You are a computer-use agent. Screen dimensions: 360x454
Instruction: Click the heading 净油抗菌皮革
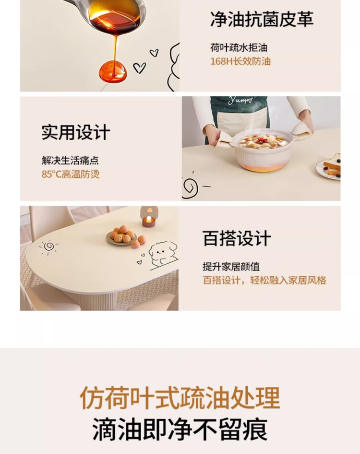262,19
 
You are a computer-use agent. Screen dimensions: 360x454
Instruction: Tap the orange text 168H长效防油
240,61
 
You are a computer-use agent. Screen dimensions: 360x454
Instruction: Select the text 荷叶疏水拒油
239,48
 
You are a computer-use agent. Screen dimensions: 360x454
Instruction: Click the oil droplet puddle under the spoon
113,71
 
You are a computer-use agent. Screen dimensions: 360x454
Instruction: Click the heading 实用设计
76,132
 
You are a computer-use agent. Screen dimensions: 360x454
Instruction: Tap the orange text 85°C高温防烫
71,174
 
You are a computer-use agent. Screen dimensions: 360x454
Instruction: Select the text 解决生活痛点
71,160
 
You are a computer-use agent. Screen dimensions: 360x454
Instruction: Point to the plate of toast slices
329,167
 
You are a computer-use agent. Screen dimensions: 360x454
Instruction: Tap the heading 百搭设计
237,238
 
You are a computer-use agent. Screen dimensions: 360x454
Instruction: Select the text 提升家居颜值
231,267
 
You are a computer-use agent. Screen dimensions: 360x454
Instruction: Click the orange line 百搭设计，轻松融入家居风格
264,280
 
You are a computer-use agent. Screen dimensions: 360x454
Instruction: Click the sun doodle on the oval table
48,246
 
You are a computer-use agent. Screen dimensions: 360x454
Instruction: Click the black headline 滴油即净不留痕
180,429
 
